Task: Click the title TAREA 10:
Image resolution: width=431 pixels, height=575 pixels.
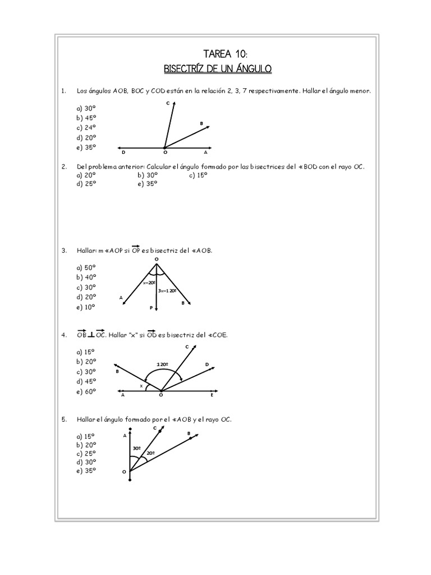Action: [216, 53]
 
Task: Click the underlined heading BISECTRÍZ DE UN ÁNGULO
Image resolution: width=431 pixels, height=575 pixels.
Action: [217, 69]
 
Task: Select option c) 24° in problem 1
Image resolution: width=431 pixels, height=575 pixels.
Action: [86, 127]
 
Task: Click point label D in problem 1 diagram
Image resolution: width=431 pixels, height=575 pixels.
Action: [123, 152]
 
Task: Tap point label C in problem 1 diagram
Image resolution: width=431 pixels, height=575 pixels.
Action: [168, 103]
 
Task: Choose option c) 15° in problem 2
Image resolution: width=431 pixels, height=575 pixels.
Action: [199, 175]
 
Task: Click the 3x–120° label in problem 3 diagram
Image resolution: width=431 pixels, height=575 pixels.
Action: [167, 291]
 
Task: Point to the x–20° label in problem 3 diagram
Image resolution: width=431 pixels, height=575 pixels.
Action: [149, 284]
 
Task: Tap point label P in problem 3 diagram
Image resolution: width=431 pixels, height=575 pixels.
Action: [150, 308]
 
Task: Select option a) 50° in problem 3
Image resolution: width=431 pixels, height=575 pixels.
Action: [86, 267]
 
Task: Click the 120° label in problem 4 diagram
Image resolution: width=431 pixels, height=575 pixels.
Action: [163, 364]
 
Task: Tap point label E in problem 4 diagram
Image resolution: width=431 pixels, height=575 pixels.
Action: [212, 395]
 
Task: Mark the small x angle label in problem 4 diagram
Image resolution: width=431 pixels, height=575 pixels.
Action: [141, 386]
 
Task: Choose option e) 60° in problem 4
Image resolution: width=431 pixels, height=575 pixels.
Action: [86, 391]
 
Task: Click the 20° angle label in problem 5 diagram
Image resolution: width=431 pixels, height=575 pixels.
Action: [150, 453]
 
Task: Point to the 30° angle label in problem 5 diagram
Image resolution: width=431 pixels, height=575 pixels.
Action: [136, 448]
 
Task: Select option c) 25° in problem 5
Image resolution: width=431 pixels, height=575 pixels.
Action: [86, 453]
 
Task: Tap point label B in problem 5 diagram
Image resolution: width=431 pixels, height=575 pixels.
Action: [189, 433]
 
